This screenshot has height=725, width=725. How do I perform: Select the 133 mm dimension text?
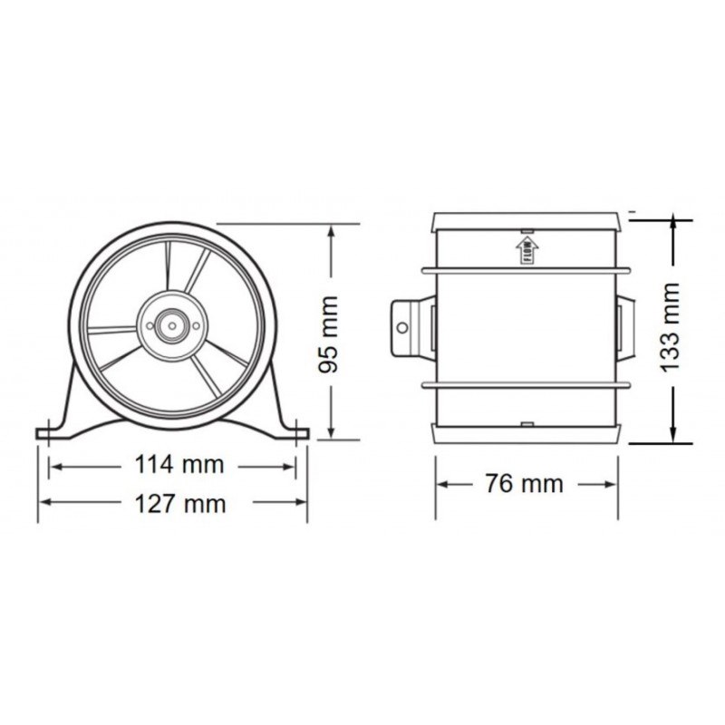click(670, 327)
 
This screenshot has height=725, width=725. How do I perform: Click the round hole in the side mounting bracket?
click(404, 326)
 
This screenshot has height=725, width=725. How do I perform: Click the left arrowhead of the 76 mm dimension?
click(444, 484)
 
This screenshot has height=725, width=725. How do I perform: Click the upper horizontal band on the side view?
click(525, 269)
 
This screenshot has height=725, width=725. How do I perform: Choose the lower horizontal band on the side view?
click(525, 386)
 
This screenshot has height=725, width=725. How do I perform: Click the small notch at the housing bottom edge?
click(525, 423)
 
